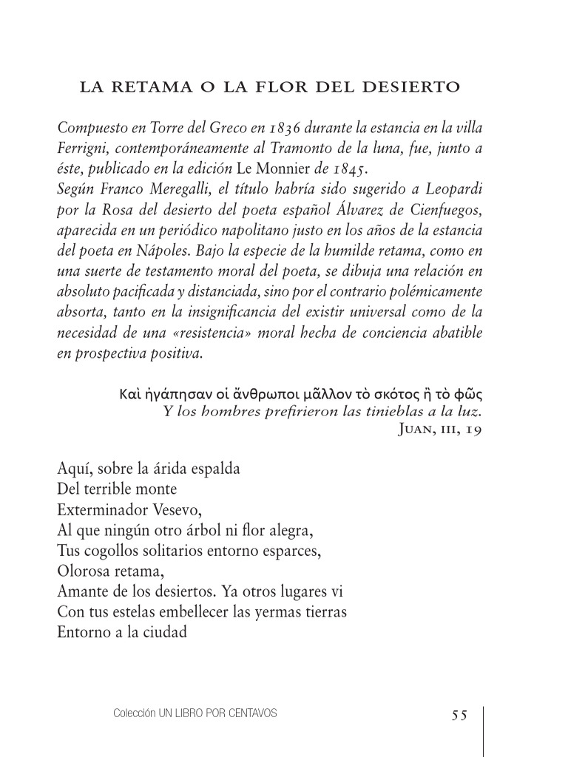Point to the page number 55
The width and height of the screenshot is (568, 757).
click(459, 714)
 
